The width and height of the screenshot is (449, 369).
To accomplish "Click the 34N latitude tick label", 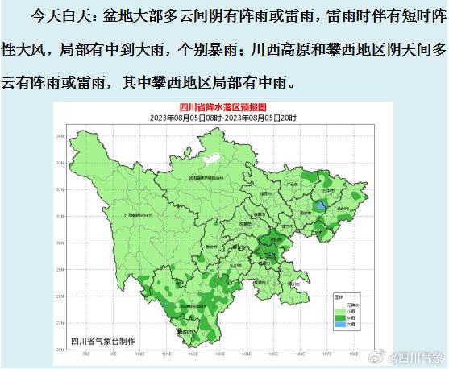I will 60,136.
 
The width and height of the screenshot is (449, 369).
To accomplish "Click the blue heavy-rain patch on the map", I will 322,206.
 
